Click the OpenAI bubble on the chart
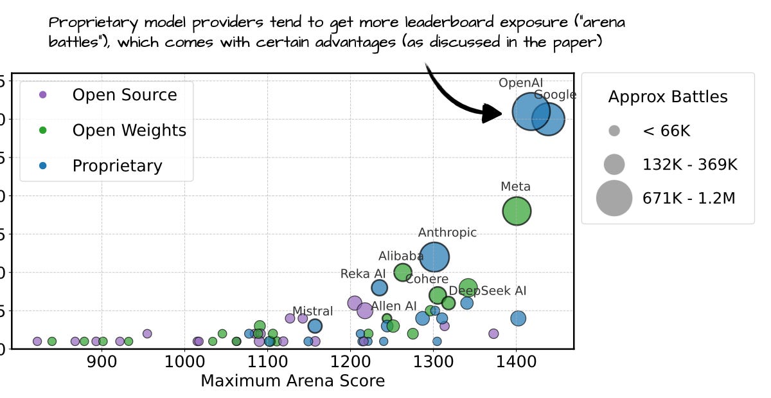pos(530,111)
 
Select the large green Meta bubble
pos(517,211)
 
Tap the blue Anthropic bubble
pos(434,257)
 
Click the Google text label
pos(555,95)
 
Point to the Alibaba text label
pos(401,257)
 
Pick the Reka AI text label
pos(363,274)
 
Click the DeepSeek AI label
pos(487,291)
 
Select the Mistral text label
pos(312,311)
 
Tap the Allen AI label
pos(394,306)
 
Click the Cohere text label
pos(427,279)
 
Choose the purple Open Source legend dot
pos(42,95)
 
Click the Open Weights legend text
pos(129,131)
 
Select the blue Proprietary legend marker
pos(42,166)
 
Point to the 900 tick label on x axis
pos(101,361)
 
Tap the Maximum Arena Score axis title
pos(292,381)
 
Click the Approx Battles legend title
pos(668,97)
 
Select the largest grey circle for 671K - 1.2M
pos(614,198)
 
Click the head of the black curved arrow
pos(495,113)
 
